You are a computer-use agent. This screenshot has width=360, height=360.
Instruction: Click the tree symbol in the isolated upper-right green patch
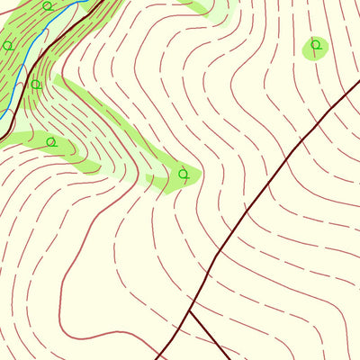pos(315,44)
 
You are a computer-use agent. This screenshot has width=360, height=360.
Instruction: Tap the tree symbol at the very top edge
pos(47,5)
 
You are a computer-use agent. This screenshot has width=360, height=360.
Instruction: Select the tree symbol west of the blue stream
pos(8,45)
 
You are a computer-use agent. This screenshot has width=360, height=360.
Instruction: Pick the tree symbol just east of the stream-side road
pos(36,85)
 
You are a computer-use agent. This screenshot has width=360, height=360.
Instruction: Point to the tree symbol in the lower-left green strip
pos(51,141)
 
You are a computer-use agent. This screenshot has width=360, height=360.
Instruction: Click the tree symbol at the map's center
pos(184,173)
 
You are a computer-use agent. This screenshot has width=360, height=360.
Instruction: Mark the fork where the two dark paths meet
pos(190,312)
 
